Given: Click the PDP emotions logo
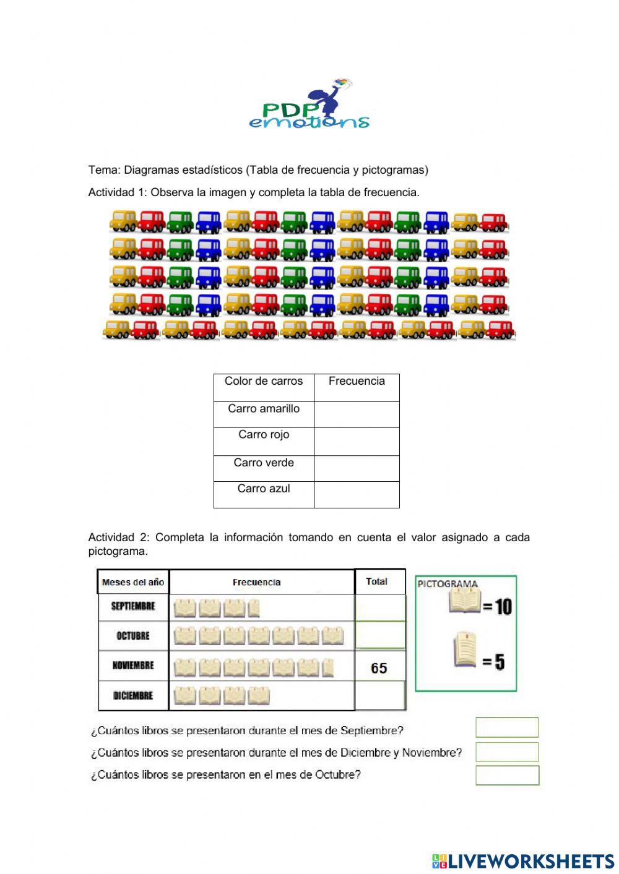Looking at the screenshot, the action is (309, 105).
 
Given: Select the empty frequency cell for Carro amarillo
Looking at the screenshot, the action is (357, 414).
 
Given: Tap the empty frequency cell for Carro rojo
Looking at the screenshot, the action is (357, 441).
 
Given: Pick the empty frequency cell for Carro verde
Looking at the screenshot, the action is (357, 468).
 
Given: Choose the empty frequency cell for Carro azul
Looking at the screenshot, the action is (357, 494).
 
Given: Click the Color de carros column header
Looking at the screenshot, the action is (264, 381).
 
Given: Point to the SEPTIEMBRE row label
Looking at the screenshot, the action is (133, 606).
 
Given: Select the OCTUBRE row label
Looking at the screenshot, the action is (133, 636).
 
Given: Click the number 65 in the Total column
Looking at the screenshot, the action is (379, 668).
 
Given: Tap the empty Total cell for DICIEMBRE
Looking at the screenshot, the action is (380, 696).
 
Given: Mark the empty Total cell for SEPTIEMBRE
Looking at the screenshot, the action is (380, 607).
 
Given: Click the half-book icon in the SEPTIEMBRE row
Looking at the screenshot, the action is (254, 609).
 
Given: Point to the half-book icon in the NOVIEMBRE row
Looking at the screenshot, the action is (328, 668).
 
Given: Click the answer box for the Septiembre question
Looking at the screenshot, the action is (507, 727).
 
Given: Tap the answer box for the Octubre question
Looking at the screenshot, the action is (507, 775).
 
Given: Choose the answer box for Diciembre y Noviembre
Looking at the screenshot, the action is (507, 752).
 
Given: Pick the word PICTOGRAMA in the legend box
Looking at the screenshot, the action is (448, 583).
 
